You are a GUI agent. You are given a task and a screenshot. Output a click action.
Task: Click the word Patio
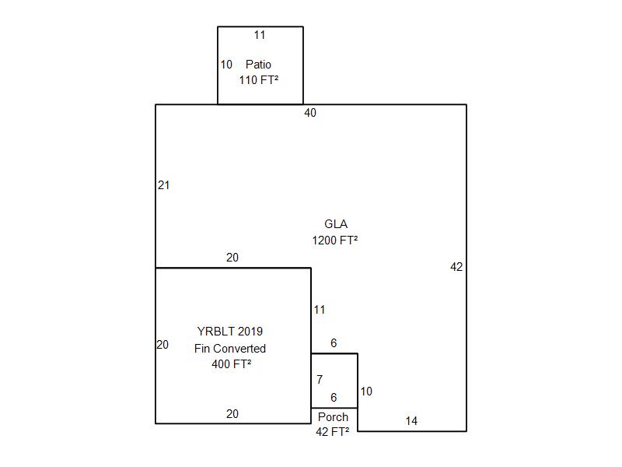(x=258, y=65)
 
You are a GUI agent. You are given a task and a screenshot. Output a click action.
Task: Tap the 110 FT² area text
(x=259, y=80)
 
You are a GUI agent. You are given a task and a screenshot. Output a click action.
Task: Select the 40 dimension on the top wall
(x=310, y=113)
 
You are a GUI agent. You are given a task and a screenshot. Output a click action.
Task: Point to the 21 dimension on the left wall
(x=163, y=185)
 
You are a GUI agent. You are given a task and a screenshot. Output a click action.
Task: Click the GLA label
(x=336, y=224)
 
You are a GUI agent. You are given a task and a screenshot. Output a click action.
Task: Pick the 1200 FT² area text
(x=335, y=241)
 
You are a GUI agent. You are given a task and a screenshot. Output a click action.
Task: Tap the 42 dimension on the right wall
(x=456, y=267)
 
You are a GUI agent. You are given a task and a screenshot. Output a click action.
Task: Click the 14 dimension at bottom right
(x=411, y=421)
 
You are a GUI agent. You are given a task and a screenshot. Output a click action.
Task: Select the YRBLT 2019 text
(x=230, y=332)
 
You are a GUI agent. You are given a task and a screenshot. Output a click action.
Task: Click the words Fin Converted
(x=230, y=348)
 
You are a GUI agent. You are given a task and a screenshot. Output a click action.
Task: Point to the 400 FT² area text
(x=231, y=363)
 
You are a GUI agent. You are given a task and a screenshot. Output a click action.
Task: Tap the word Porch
(x=334, y=417)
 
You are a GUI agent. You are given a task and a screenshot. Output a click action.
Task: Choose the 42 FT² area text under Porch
(x=333, y=431)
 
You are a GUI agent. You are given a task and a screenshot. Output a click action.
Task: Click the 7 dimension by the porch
(x=320, y=380)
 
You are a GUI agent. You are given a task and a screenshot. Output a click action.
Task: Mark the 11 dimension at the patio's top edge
(x=260, y=35)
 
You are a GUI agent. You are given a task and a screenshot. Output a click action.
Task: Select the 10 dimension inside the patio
(x=226, y=65)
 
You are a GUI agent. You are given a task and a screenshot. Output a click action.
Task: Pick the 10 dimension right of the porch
(x=366, y=392)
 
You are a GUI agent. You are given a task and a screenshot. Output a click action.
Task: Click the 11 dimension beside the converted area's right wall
(x=320, y=310)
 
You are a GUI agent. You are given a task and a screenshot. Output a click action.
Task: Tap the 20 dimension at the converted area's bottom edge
(x=232, y=414)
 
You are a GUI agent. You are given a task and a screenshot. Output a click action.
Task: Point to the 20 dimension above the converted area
(x=232, y=258)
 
